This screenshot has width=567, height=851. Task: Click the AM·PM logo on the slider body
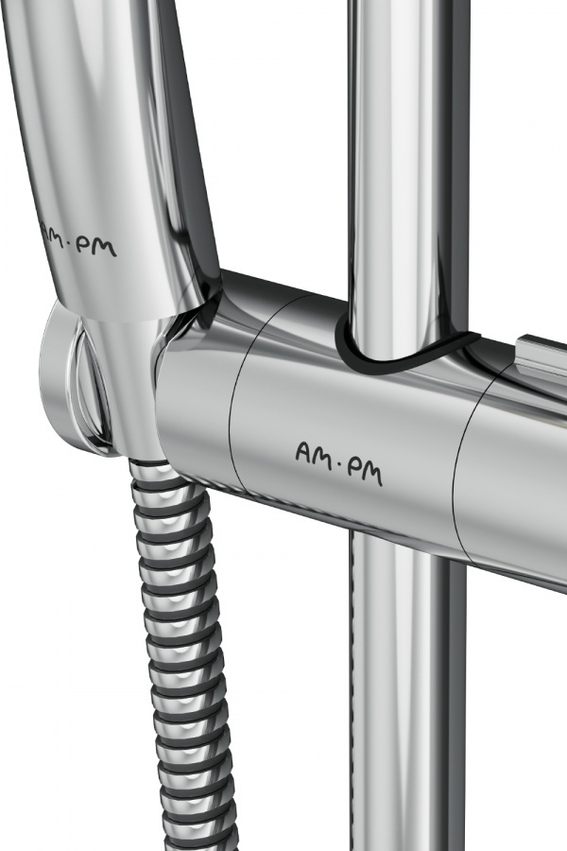339,463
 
